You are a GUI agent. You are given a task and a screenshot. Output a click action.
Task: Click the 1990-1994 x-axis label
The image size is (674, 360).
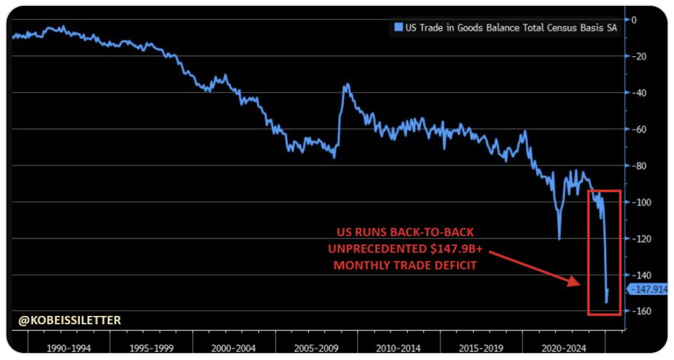[69, 348]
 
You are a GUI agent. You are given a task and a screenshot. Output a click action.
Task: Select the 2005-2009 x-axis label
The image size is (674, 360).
[316, 348]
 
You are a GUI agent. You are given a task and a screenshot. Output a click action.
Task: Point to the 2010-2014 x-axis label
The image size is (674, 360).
[398, 348]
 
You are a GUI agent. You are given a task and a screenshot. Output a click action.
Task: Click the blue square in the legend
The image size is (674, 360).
[399, 28]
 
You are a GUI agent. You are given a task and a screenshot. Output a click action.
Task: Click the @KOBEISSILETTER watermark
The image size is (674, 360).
[70, 320]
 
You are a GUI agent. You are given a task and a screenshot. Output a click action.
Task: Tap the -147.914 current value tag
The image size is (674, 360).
[648, 289]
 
